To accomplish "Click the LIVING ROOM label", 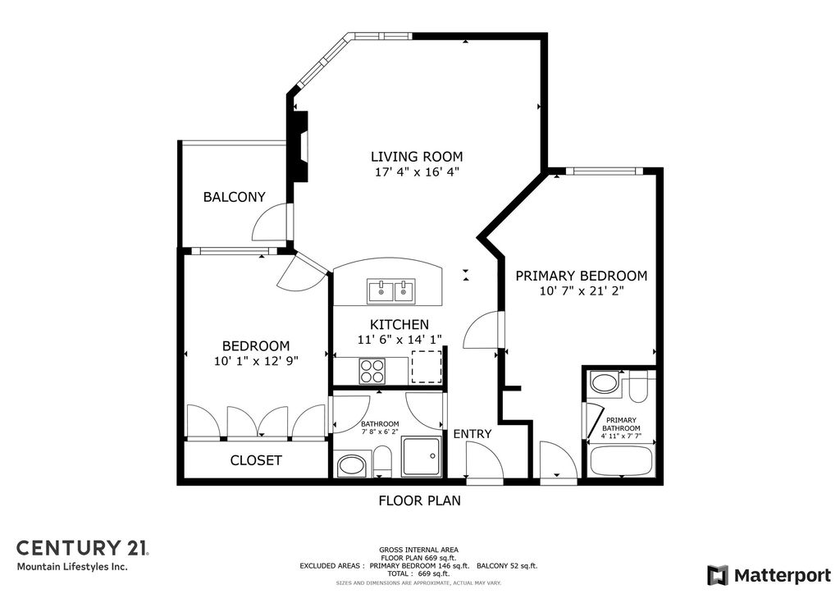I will pos(417,157).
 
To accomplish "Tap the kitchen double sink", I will pos(391,290).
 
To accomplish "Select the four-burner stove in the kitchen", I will pos(372,372).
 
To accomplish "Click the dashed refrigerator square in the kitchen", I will pos(427,366).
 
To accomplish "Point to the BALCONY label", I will pos(235,197).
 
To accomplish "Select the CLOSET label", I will pos(256,460).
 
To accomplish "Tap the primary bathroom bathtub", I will pos(621,461).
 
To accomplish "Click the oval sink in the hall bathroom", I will pos(354,465).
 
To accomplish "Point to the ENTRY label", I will pos(472,433).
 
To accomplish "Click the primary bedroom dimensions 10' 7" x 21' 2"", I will pos(581,291).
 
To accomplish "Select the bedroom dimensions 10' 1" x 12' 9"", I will pos(256,361).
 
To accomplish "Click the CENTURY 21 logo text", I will pos(82,547).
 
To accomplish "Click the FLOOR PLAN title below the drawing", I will pos(419,500).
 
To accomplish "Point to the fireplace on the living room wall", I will pos(300,146).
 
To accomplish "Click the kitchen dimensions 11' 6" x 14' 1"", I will pos(399,340).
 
